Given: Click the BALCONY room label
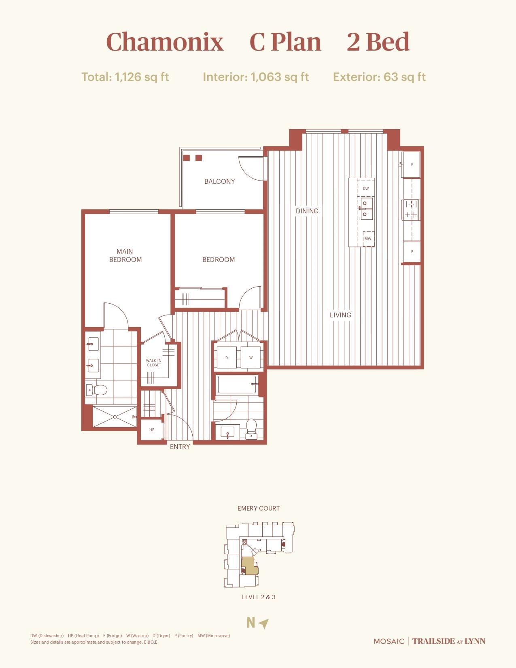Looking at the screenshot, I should click(219, 181).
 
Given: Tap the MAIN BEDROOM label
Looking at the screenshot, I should click(125, 255).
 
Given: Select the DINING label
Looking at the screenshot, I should click(307, 211).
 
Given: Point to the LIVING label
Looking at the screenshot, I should click(340, 315).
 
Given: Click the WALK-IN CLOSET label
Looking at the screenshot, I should click(154, 362).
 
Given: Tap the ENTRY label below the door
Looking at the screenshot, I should click(180, 447).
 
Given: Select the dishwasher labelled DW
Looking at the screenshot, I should click(365, 189).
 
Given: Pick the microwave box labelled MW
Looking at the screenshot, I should click(368, 238).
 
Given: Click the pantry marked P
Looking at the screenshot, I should click(412, 251).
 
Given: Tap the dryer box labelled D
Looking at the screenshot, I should click(227, 357).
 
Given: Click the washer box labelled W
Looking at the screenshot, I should click(251, 357).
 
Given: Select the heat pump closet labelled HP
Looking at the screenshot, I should click(152, 430).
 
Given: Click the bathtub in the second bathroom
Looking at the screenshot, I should click(237, 385).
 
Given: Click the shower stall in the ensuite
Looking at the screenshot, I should click(115, 417).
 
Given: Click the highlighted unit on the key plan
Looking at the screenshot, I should click(249, 565).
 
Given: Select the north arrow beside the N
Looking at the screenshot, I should click(264, 623).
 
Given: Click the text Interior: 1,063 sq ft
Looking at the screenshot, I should click(256, 77).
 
